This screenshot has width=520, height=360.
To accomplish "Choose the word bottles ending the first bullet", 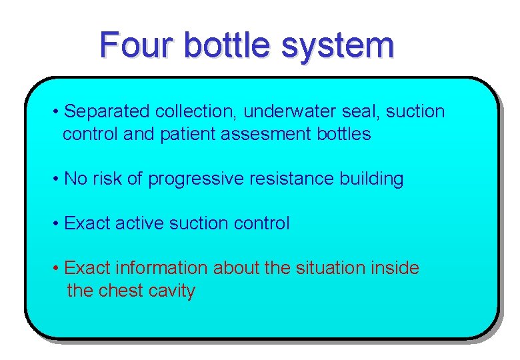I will pyautogui.click(x=344, y=134).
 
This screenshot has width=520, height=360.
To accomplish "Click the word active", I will pyautogui.click(x=139, y=223).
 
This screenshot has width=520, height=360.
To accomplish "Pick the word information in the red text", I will pyautogui.click(x=162, y=268).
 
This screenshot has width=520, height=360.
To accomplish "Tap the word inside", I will pyautogui.click(x=397, y=268).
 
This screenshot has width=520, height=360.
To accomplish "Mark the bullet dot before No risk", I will pyautogui.click(x=56, y=179).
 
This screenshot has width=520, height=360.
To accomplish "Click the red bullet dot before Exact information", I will pyautogui.click(x=56, y=269).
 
